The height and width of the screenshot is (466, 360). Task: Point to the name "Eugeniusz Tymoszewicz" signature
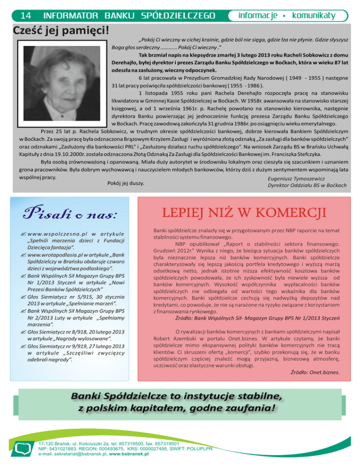click(x=296, y=179)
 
